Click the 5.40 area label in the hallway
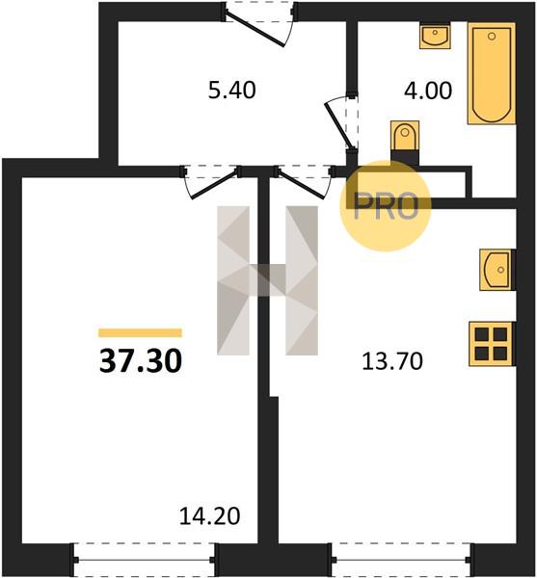pos(231,91)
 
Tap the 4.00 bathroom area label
pos(428,91)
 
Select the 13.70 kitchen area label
pos(392,361)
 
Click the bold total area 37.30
pos(141,361)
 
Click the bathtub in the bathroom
pos(492,73)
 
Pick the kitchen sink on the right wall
pos(497,270)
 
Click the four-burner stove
pos(492,344)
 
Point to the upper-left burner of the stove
pos(482,334)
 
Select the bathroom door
pos(341,122)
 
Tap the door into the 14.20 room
pos(211,182)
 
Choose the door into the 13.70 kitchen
pos(304,182)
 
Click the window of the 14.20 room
pos(144,560)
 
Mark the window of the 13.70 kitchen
pos(401,560)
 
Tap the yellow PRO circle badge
pos(385,206)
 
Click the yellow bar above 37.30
pos(140,333)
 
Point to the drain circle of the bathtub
pos(492,37)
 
